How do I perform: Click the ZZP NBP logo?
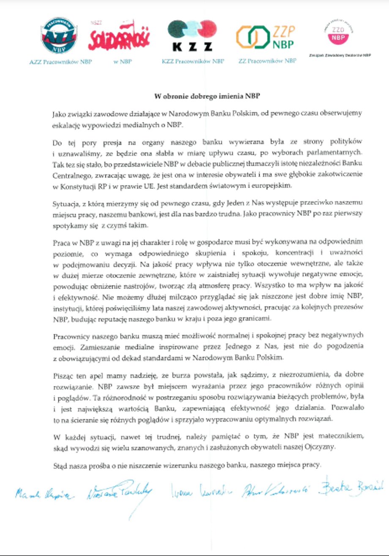tap(266, 37)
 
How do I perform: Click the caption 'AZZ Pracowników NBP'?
tap(60, 61)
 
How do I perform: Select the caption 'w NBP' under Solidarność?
tap(123, 61)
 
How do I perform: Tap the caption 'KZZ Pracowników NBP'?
tap(193, 61)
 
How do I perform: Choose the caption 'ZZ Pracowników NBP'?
tap(267, 61)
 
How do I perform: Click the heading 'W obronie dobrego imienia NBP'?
tap(206, 96)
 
